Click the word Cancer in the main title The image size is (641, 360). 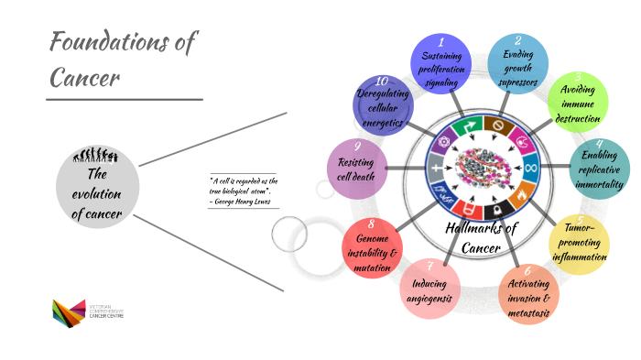pyautogui.click(x=84, y=78)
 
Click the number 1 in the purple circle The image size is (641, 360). pyautogui.click(x=440, y=42)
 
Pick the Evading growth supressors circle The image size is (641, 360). pyautogui.click(x=517, y=65)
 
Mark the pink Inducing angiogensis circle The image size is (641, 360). pyautogui.click(x=429, y=289)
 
